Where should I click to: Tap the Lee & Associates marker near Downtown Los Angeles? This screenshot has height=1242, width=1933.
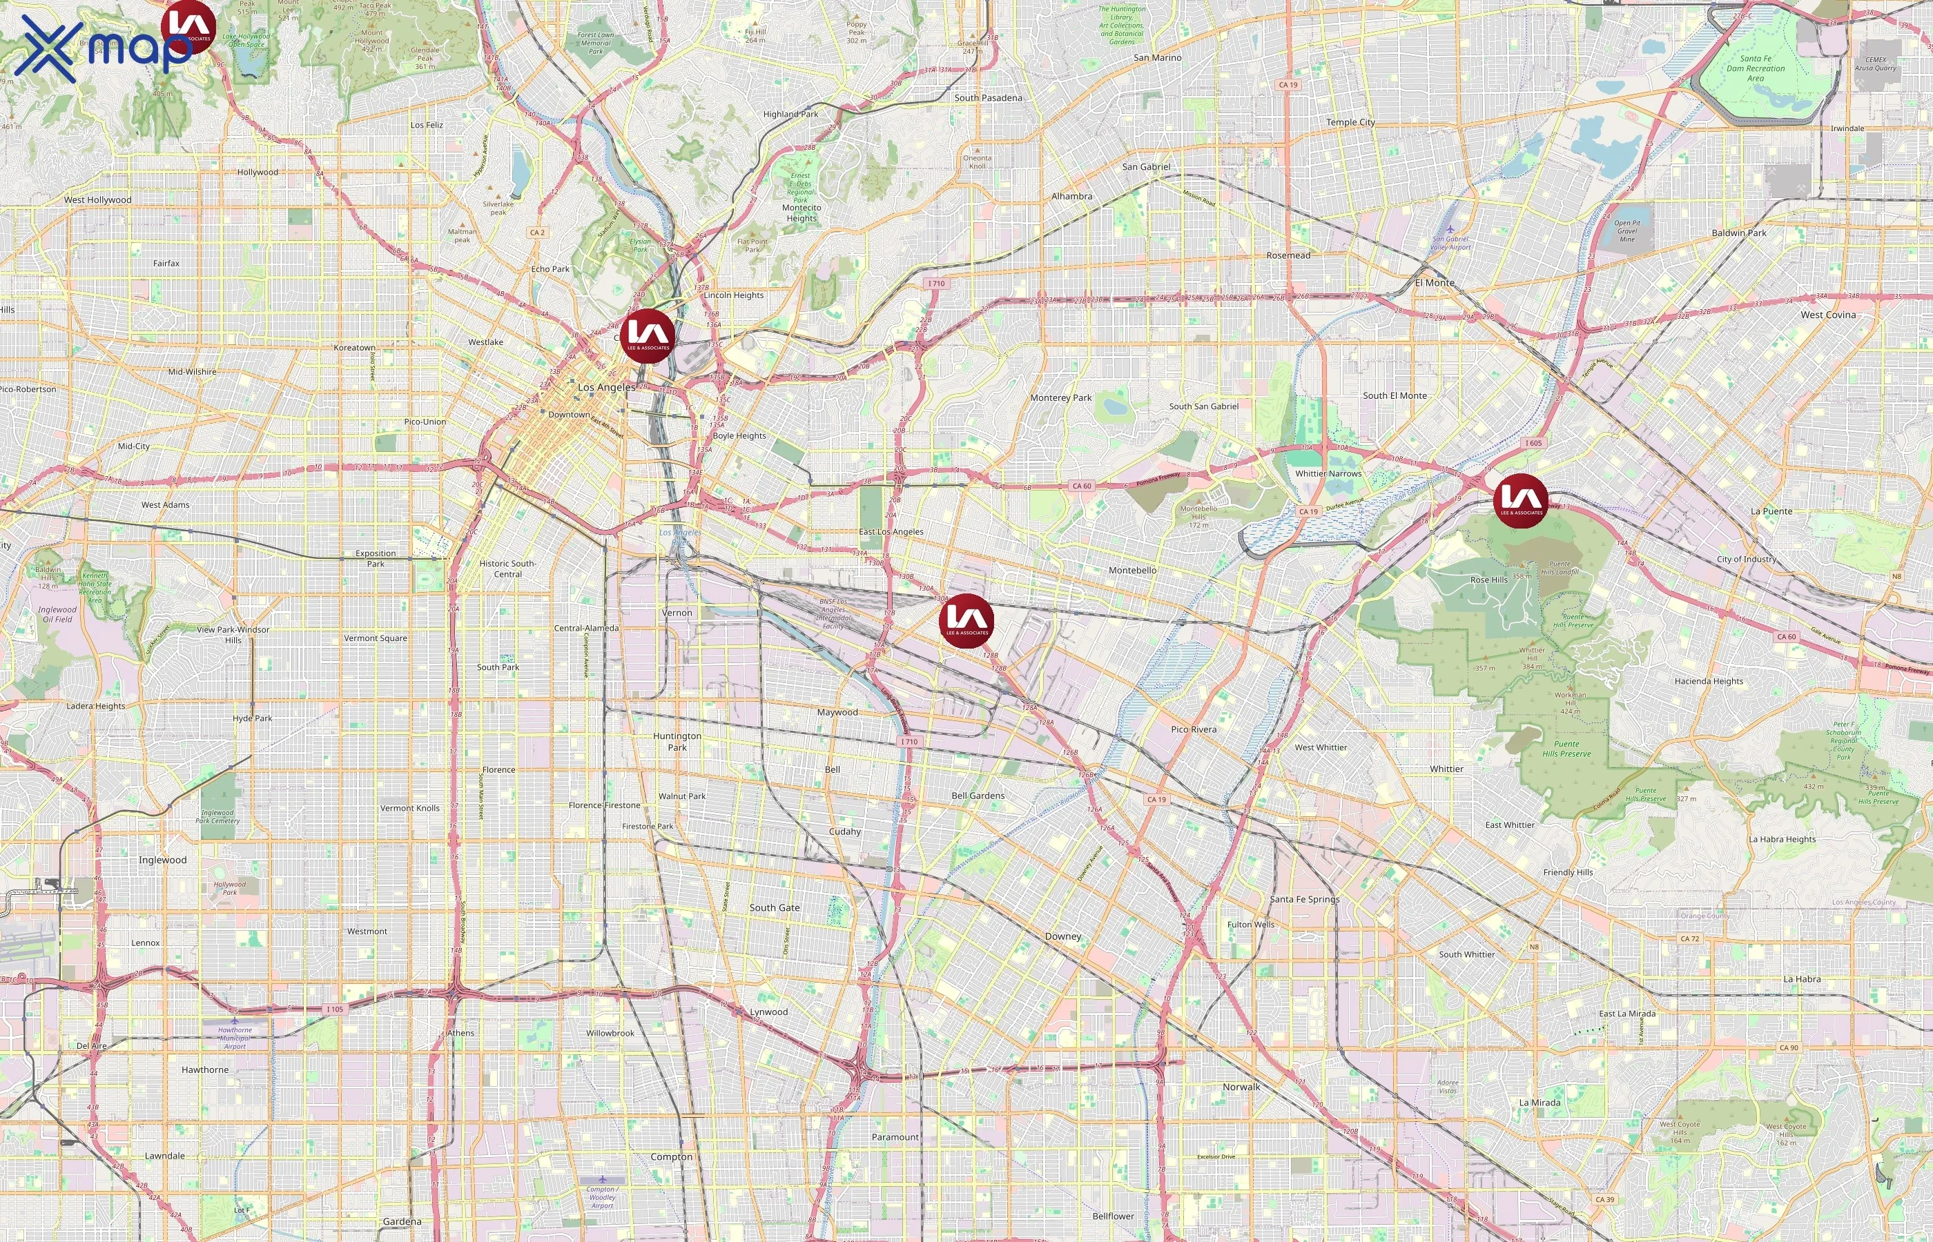point(647,335)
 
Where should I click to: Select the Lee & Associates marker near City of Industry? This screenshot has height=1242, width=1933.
point(1520,501)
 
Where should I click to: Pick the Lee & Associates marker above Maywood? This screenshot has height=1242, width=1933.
point(966,621)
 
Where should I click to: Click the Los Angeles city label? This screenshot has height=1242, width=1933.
point(607,387)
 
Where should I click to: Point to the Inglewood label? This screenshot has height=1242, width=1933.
point(162,860)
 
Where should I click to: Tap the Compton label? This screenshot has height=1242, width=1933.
point(671,1156)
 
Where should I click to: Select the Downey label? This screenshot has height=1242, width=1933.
point(1062,936)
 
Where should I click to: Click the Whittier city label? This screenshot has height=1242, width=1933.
point(1446,769)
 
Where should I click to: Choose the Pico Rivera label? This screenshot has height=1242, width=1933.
point(1193,729)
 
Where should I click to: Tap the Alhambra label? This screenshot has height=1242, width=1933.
point(1071,196)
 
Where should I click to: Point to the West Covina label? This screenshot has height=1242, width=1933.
point(1828,315)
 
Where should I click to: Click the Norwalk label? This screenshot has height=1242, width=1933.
point(1241,1086)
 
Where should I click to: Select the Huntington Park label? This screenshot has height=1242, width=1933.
point(677,741)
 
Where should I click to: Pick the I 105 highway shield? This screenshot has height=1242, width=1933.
point(335,1009)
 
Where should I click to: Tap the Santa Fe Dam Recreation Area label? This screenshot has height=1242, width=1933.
point(1756,68)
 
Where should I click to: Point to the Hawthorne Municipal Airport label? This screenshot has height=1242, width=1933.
point(235,1038)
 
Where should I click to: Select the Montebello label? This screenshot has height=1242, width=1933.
point(1132,570)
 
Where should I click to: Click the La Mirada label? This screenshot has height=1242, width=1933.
point(1539,1103)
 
